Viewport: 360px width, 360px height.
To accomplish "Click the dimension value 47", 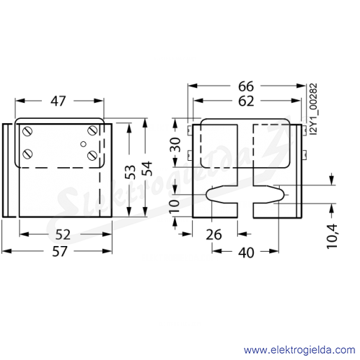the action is pyautogui.click(x=58, y=101).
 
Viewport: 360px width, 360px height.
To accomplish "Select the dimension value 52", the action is pyautogui.click(x=63, y=235).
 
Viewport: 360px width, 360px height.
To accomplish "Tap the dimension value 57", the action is pyautogui.click(x=59, y=252).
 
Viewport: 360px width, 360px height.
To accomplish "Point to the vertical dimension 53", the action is pyautogui.click(x=130, y=172).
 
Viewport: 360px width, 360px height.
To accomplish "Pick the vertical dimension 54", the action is pyautogui.click(x=147, y=168).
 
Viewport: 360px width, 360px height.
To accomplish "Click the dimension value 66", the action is pyautogui.click(x=246, y=87).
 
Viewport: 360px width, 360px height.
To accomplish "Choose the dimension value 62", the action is pyautogui.click(x=246, y=101).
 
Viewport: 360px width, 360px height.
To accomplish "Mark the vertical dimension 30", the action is pyautogui.click(x=175, y=145).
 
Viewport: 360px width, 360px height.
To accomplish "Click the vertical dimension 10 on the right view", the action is pyautogui.click(x=174, y=206).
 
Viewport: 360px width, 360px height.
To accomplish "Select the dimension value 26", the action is pyautogui.click(x=214, y=235).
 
